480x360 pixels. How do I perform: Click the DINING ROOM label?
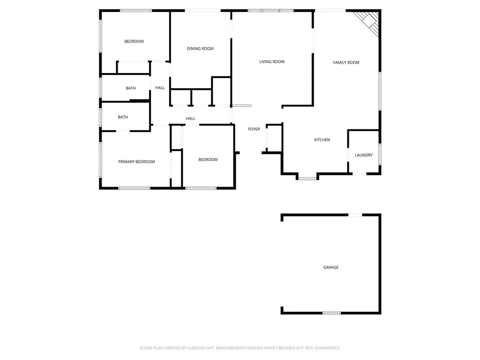tap(200, 48)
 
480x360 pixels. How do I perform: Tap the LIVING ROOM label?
tap(272, 61)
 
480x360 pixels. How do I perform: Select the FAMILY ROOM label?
tap(346, 62)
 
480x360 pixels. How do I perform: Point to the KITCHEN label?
tap(322, 140)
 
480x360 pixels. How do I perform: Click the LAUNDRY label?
tap(364, 155)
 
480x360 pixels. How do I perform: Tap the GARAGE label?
tap(331, 267)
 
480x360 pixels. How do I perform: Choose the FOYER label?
tap(254, 129)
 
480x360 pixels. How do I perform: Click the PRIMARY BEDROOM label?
tap(136, 162)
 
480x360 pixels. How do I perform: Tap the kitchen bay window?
tap(307, 178)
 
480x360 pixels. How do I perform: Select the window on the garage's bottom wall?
tap(331, 313)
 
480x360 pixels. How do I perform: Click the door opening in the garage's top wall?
tap(355, 215)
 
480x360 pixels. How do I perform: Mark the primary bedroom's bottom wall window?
tap(134, 188)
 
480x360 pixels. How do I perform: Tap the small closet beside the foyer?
tap(274, 138)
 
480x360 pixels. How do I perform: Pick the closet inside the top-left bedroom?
tap(133, 67)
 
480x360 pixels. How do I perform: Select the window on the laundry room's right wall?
tap(380, 154)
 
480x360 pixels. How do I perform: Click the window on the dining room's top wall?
tap(202, 11)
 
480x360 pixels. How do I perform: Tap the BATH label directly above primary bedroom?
tap(123, 117)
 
